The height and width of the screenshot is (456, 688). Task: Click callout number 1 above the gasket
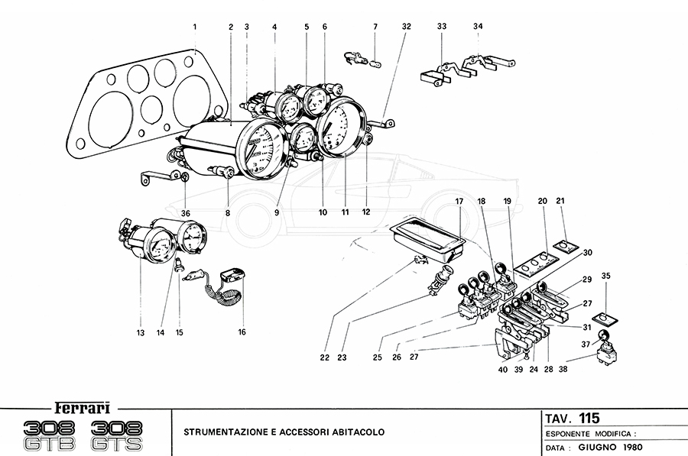pos(195,27)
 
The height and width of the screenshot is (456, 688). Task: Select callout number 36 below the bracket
pos(185,213)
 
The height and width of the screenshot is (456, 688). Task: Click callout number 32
pos(406,27)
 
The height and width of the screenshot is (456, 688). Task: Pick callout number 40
pos(502,369)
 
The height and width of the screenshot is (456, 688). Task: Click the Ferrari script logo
pos(79,407)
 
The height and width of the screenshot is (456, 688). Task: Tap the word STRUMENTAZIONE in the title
pos(222,432)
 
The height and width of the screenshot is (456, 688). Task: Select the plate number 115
pos(589,418)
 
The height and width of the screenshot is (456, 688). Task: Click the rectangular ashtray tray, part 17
pos(428,234)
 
